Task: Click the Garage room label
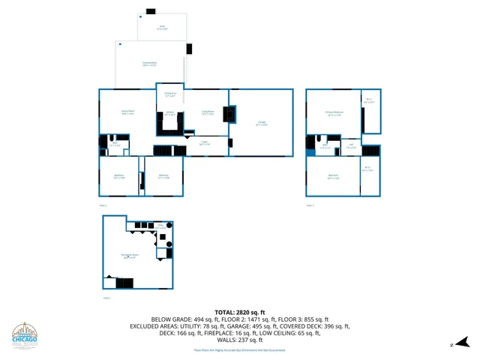click(262, 122)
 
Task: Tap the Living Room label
click(208, 112)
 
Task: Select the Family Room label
click(127, 112)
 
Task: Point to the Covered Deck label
click(149, 64)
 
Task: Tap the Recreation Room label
click(129, 256)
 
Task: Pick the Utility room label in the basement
click(160, 225)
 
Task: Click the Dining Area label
click(170, 94)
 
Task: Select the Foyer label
click(204, 142)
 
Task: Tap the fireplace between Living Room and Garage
click(232, 113)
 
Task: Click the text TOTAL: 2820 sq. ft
click(240, 311)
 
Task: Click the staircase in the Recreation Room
click(124, 283)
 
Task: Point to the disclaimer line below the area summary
click(240, 349)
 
